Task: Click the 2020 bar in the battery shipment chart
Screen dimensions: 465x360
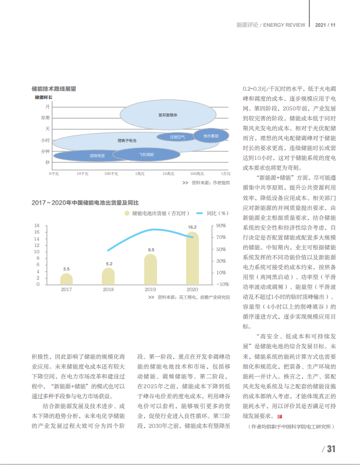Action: coord(192,259)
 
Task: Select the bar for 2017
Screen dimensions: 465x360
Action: coord(67,279)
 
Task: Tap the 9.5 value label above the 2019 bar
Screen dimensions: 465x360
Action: coord(151,250)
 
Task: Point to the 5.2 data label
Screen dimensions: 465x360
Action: coord(109,264)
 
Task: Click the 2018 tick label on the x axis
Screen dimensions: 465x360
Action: coord(109,289)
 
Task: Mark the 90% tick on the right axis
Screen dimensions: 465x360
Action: coord(222,226)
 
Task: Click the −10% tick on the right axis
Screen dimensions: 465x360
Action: coord(221,284)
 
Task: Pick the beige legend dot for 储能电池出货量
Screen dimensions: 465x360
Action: coord(126,214)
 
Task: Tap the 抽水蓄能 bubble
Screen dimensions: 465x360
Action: coord(203,136)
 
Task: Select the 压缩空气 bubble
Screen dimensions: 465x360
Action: coord(177,137)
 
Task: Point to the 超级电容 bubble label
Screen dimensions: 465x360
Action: coord(97,155)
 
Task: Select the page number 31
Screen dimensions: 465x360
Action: coord(331,448)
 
